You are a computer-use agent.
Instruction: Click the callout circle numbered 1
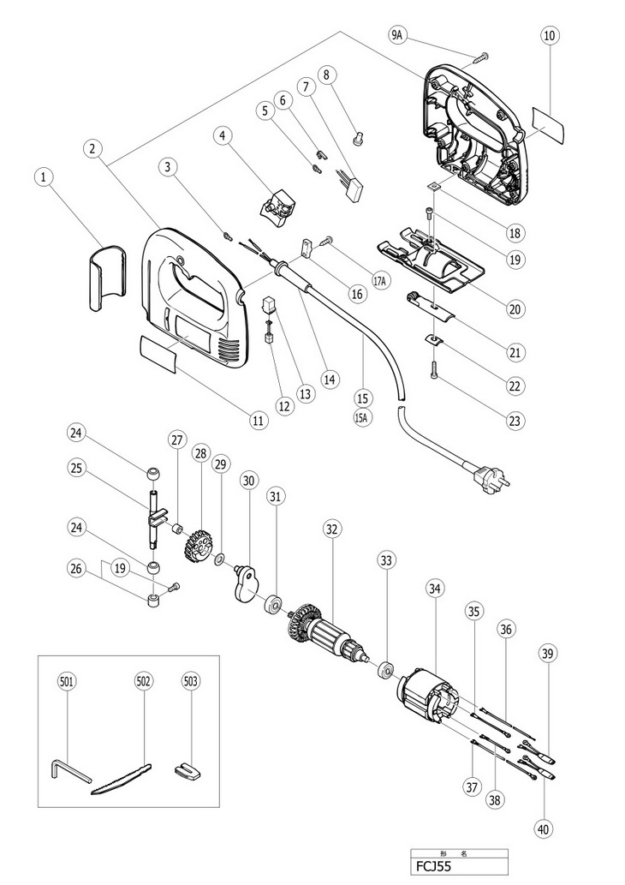coord(45,177)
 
